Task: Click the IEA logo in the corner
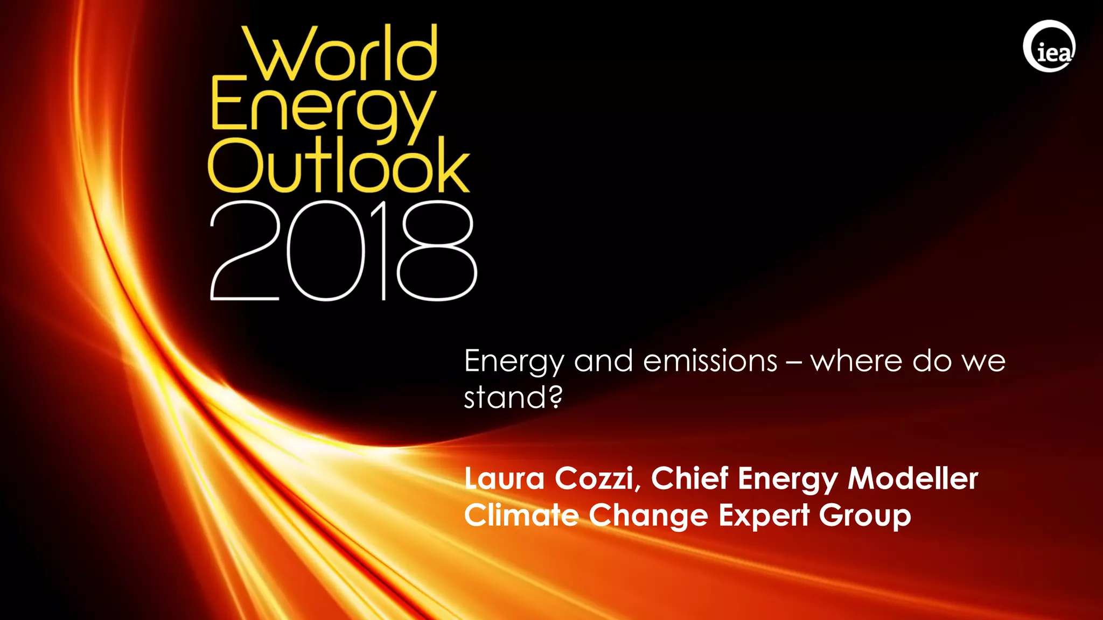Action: coord(1049,46)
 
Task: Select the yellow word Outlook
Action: coord(339,166)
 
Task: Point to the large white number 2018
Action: coord(343,251)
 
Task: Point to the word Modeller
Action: coord(913,478)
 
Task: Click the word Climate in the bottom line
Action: coord(521,515)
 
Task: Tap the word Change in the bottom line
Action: coord(648,516)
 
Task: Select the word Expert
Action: coord(764,516)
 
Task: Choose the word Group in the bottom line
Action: coord(865,516)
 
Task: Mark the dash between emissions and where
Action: coord(793,362)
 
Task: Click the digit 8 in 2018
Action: coord(437,251)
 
